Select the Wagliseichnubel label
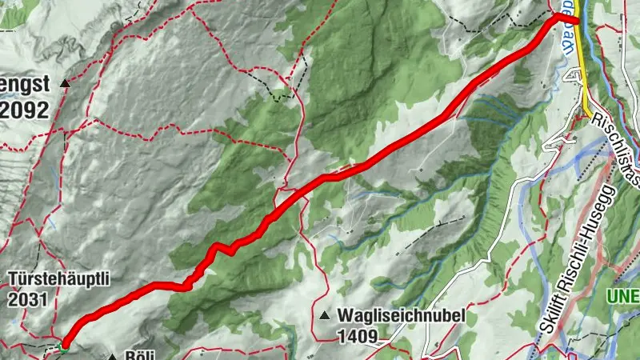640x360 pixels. [401, 315]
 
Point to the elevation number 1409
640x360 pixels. [357, 336]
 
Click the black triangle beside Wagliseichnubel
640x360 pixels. [325, 316]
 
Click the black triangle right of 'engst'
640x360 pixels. [66, 82]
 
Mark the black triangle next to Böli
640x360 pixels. [112, 356]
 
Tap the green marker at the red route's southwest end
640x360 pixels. [63, 346]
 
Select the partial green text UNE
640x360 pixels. [623, 296]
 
